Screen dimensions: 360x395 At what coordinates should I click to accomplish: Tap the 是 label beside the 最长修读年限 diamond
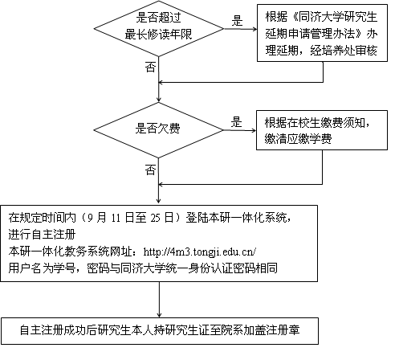click(237, 21)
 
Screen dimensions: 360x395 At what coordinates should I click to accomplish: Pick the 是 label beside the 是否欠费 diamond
click(237, 122)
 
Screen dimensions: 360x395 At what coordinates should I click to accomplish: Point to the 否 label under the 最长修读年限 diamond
click(150, 68)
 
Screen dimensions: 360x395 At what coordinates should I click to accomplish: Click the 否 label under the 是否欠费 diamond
click(150, 170)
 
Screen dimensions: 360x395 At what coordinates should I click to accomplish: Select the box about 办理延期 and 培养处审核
click(323, 36)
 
